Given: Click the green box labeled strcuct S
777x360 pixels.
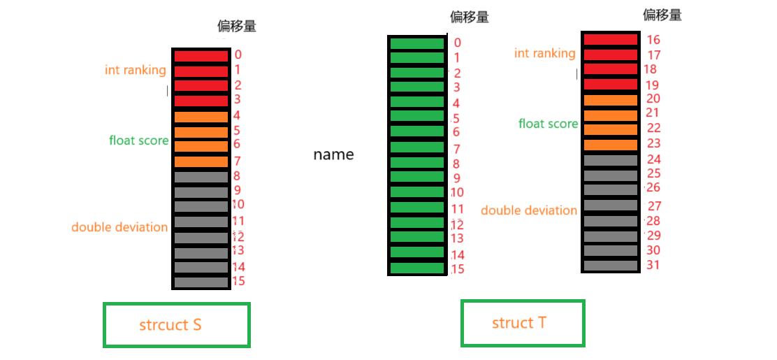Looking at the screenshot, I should coord(177,324).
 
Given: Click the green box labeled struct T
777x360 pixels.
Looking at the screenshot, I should coord(522,323).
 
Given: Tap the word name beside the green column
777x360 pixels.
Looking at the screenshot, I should coord(333,154).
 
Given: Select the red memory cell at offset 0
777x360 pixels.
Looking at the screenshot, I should coord(201,56).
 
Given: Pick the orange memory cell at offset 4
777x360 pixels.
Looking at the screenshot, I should coord(201,117).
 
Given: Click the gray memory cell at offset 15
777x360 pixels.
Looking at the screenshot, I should coord(201,282).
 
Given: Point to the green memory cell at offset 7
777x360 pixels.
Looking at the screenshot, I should coord(417,147).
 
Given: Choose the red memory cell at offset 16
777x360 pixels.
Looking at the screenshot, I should coord(610,40).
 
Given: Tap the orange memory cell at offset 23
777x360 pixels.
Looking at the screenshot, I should coord(610,145).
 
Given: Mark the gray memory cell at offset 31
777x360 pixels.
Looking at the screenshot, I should coord(610,266).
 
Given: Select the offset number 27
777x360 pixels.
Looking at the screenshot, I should coord(654,206).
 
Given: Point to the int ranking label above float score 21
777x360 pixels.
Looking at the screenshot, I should coord(545,53).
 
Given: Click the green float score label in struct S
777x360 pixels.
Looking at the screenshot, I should coord(138,141).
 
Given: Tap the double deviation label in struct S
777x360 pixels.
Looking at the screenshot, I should coord(119,227).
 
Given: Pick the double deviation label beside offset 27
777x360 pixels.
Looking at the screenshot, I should coord(529,210).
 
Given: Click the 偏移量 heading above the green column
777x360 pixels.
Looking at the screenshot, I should coord(470,17).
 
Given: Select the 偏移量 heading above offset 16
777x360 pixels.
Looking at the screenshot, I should coord(662,15).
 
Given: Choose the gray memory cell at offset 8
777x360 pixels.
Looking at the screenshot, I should coord(201,178).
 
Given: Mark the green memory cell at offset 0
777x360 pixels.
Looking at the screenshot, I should coord(417,43).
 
